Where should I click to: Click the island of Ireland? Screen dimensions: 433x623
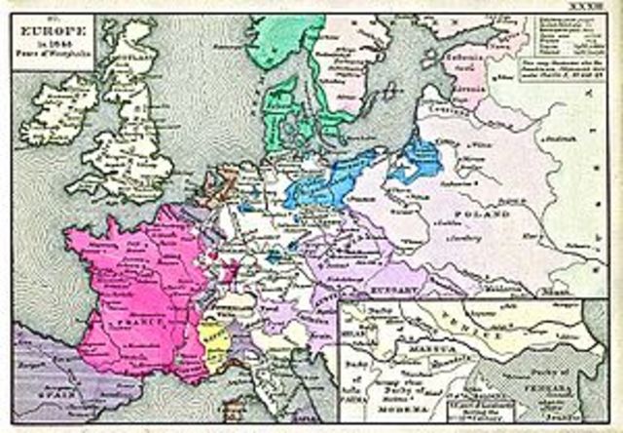coord(63,109)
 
